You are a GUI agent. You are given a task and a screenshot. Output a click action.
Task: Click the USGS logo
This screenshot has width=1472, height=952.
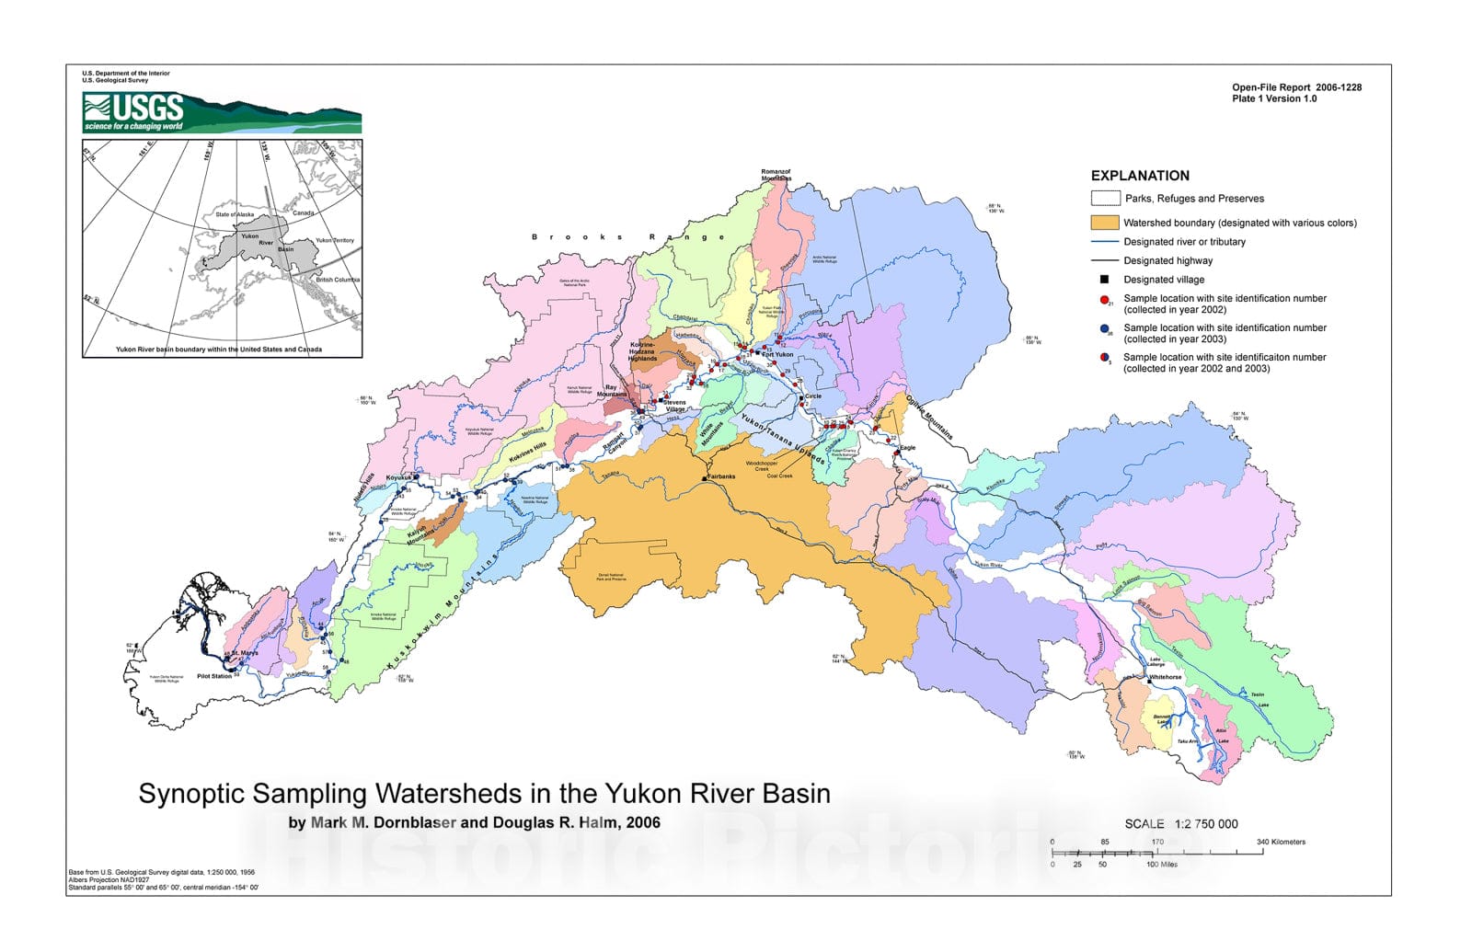(x=134, y=112)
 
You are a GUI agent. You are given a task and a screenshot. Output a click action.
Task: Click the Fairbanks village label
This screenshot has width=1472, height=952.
(x=721, y=476)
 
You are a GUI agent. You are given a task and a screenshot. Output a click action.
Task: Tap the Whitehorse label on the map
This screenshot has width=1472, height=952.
(x=1165, y=677)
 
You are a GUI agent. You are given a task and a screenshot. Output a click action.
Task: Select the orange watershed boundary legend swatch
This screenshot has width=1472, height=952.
(x=1104, y=223)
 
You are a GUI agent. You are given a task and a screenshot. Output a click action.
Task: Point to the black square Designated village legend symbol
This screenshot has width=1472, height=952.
(x=1105, y=280)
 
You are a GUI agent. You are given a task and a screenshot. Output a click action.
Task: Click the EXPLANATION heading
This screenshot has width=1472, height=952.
(x=1140, y=176)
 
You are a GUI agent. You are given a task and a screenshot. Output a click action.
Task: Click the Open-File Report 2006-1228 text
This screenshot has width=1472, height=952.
(x=1296, y=87)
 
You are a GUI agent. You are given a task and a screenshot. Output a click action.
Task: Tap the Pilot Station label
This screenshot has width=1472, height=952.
(x=214, y=676)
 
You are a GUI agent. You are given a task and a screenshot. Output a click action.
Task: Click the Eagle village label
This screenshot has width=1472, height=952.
(x=907, y=448)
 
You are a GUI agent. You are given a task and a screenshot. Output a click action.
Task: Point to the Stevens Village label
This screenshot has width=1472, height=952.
(x=675, y=406)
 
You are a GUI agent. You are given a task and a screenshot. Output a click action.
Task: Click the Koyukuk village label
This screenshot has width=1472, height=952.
(x=398, y=477)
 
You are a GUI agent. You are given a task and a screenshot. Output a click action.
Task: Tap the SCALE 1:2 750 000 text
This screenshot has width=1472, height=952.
(x=1180, y=824)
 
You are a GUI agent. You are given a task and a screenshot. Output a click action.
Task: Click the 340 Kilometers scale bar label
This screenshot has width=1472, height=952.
(x=1281, y=842)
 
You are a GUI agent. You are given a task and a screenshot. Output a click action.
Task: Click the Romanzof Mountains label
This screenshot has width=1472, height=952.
(x=776, y=175)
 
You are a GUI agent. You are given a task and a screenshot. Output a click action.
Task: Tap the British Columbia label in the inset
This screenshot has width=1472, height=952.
(x=338, y=280)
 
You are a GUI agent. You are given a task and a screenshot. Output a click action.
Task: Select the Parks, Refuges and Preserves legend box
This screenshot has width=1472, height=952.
(x=1105, y=199)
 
